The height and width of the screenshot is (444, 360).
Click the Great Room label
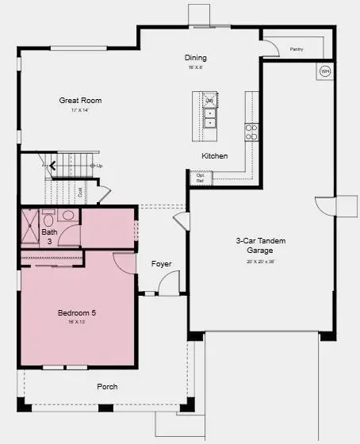click(x=80, y=101)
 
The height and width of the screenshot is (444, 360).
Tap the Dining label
click(x=195, y=58)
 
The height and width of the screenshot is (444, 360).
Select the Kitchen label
click(x=214, y=156)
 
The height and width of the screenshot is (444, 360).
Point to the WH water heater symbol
click(x=324, y=71)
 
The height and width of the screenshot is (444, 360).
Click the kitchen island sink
click(x=210, y=117)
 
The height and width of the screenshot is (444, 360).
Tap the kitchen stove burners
click(x=251, y=132)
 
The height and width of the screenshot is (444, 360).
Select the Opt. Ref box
click(x=200, y=178)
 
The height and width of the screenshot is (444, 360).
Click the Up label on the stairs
click(x=99, y=166)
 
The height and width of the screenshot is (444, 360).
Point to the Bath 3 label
click(x=48, y=236)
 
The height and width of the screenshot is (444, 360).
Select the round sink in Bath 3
click(x=68, y=215)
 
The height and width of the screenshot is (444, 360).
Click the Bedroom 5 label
click(x=77, y=313)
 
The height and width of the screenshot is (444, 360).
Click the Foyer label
click(x=161, y=264)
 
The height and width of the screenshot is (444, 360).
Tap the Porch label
click(x=107, y=386)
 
